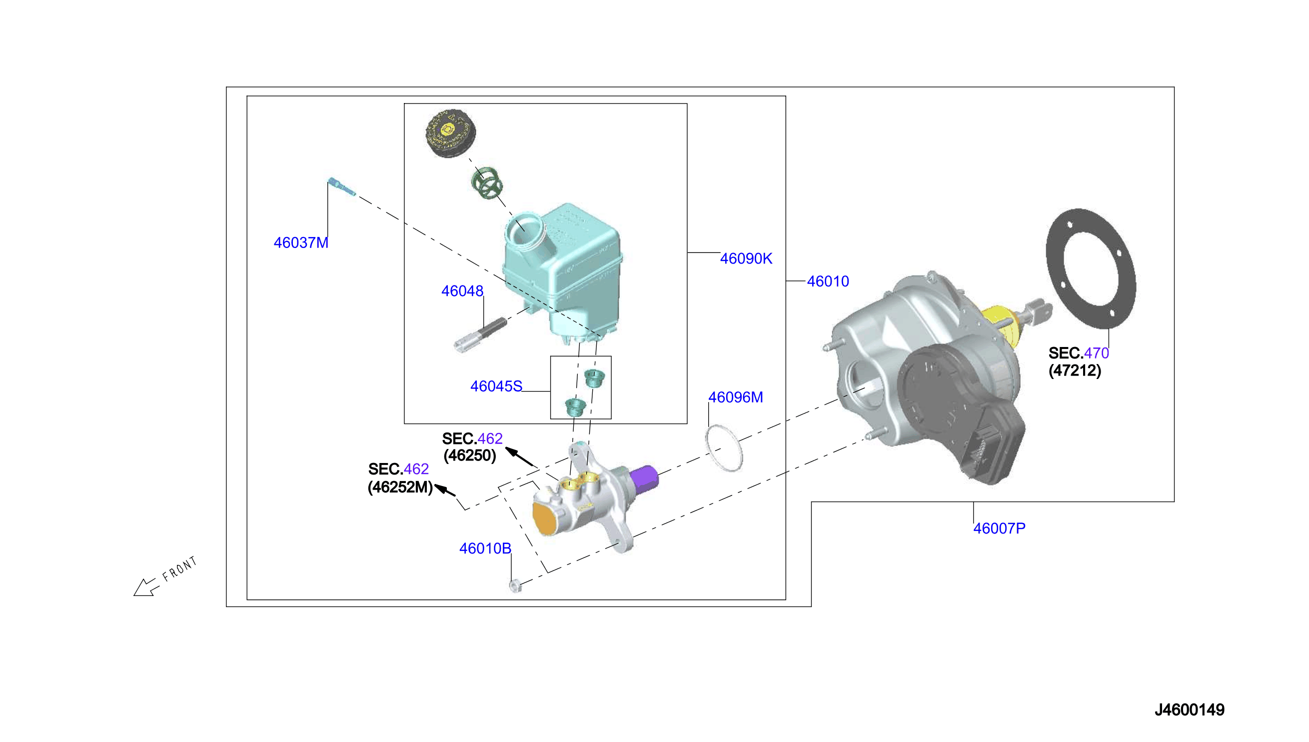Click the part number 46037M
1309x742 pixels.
(x=300, y=242)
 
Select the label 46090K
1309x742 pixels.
(x=746, y=258)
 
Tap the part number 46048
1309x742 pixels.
(x=462, y=290)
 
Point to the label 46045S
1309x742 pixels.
(x=496, y=386)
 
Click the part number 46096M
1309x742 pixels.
(x=736, y=397)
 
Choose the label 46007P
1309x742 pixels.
(x=999, y=528)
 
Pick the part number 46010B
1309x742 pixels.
(x=485, y=548)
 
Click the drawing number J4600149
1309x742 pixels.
(x=1190, y=709)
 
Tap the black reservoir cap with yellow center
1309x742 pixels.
(x=450, y=133)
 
